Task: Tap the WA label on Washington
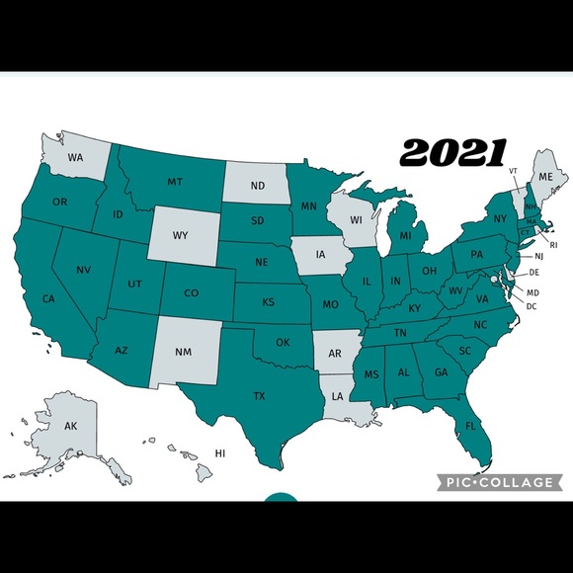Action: (75, 157)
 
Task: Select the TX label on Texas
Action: (259, 396)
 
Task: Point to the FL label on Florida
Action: (471, 426)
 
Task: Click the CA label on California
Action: (47, 298)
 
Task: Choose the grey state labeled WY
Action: (180, 235)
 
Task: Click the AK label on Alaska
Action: (70, 426)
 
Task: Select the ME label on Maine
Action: (542, 176)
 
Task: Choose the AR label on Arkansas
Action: (335, 354)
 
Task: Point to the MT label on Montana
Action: (175, 182)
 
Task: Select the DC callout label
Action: (532, 305)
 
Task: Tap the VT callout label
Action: (513, 170)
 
